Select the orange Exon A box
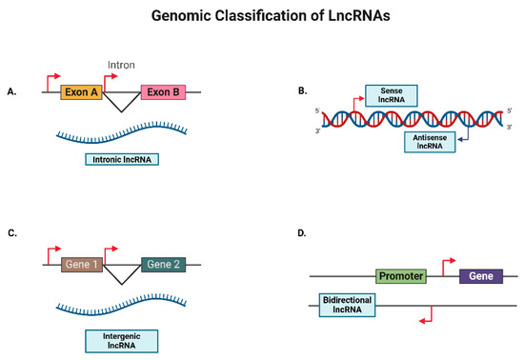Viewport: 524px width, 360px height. (x=81, y=92)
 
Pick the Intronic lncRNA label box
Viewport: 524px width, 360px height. (x=121, y=159)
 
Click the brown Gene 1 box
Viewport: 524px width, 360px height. (x=81, y=266)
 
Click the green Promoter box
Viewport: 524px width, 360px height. (x=400, y=276)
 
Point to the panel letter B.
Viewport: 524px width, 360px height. (x=302, y=91)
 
